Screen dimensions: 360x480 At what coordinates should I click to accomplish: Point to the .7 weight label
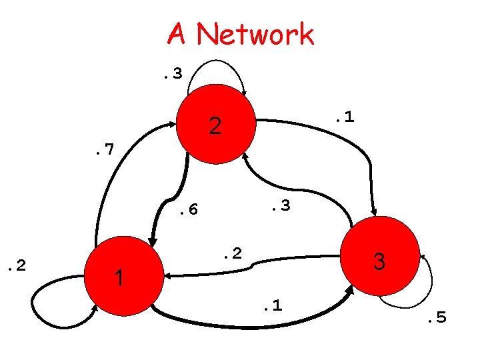click(103, 151)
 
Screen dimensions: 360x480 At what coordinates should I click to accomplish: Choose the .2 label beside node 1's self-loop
click(14, 267)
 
